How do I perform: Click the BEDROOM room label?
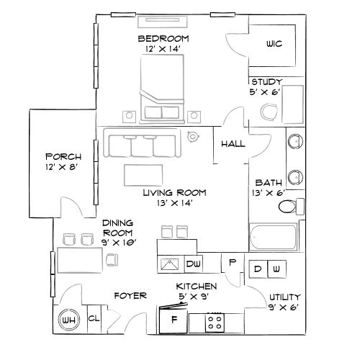point(163,38)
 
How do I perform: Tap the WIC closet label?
point(274,44)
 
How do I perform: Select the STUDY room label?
point(266,81)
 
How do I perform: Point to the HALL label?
point(233,143)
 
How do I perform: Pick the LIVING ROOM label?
point(174,192)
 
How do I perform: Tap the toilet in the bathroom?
point(289,208)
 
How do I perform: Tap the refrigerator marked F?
point(173,319)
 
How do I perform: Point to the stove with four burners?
point(214,321)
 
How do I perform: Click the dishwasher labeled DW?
point(194,265)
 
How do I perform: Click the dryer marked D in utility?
point(258,269)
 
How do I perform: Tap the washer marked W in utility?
point(276,269)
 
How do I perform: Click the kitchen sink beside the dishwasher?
point(171,265)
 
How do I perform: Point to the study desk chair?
point(269,112)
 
